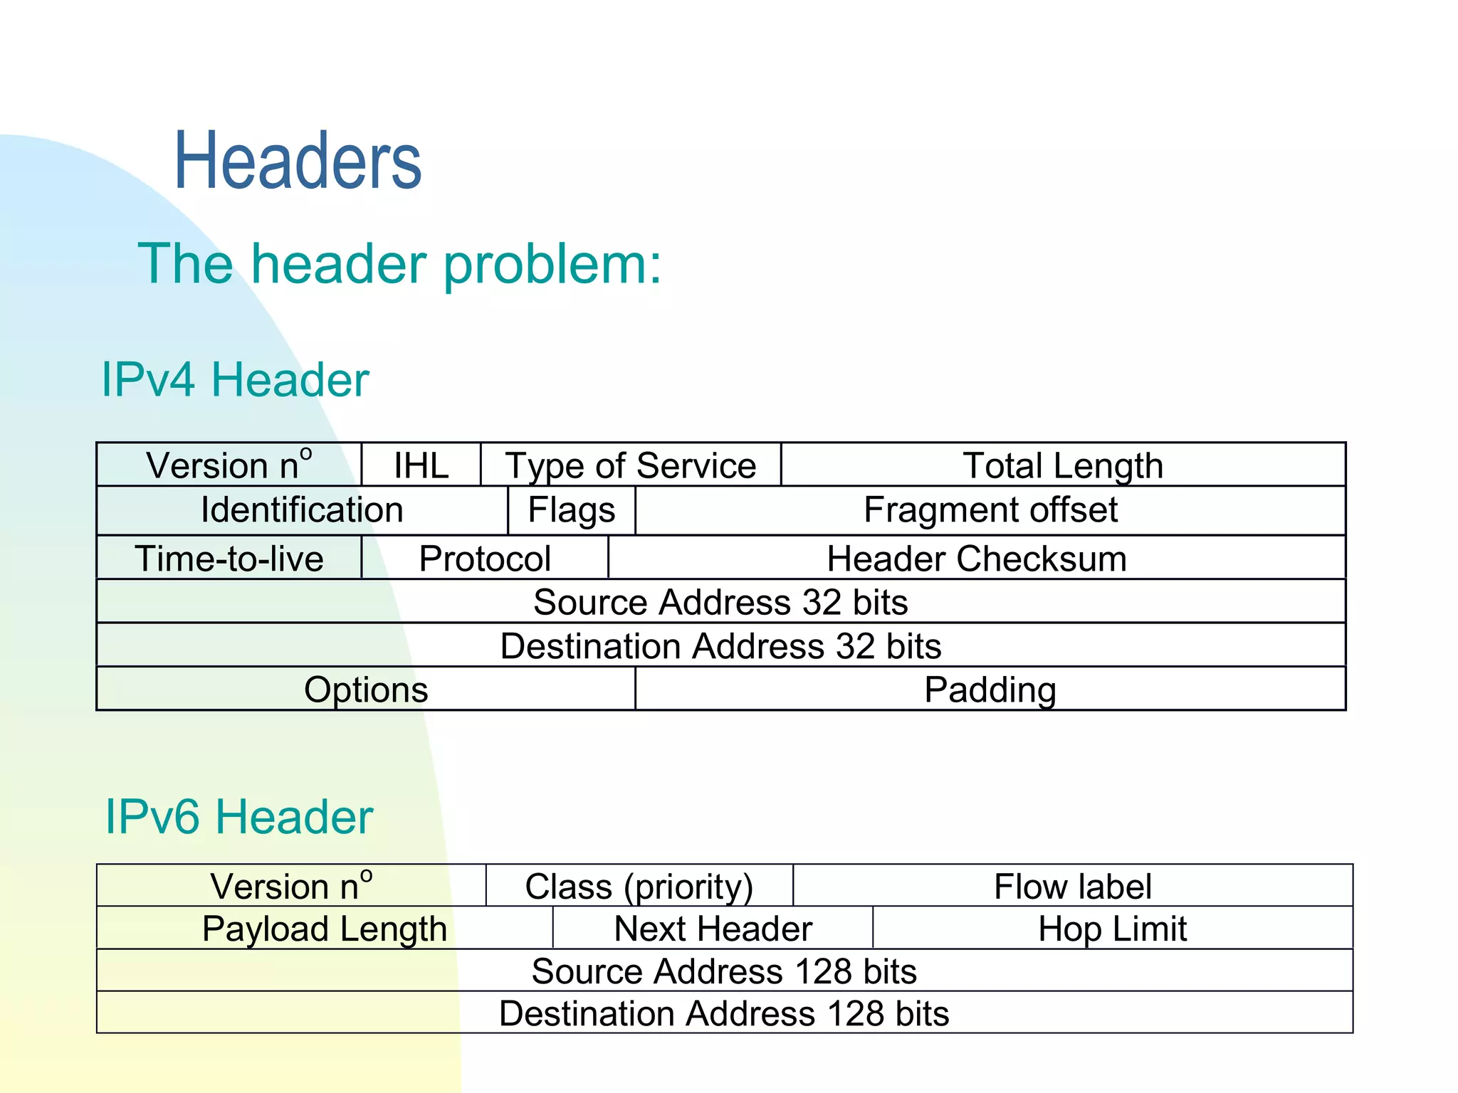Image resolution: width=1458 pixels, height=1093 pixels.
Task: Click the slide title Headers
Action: pos(298,162)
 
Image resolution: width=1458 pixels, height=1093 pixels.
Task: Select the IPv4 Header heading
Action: pos(235,379)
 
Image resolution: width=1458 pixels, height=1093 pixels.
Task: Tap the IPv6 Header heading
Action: pos(238,816)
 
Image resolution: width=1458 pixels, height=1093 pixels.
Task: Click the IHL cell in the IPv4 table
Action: pos(421,465)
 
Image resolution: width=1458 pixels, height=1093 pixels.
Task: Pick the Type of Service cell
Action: pos(631,465)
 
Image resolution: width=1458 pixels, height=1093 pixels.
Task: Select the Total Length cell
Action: pos(1063,465)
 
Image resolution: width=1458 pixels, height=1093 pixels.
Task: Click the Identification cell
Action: pos(302,510)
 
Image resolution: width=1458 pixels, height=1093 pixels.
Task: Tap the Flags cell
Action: pos(572,510)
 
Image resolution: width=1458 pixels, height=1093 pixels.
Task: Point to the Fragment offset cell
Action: pos(990,510)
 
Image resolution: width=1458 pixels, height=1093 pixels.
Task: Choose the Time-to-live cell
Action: pos(229,558)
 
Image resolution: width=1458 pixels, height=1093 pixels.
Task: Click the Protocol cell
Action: pos(485,558)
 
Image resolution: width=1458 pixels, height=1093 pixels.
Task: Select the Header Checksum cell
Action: pos(977,558)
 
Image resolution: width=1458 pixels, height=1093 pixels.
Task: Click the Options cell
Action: pos(366,689)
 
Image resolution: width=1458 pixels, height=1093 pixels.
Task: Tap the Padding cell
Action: pos(990,689)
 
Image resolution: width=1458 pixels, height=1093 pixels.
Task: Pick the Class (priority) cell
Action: pos(639,886)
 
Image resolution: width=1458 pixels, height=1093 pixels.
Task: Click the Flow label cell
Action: pos(1073,886)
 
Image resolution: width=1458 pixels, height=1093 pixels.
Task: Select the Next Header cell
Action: pos(713,928)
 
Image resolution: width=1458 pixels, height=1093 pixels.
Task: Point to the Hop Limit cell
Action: pos(1113,928)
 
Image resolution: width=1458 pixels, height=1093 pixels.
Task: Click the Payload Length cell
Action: pos(325,928)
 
